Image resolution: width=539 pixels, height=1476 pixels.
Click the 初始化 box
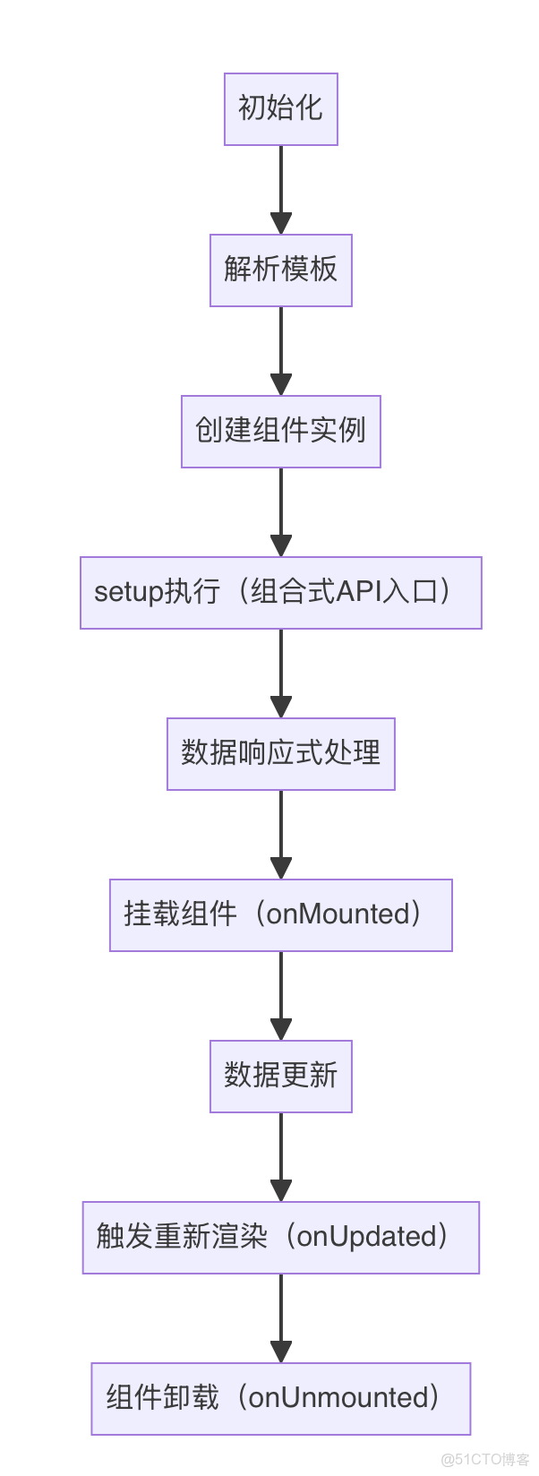[x=280, y=108]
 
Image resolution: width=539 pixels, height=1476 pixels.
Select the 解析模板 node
[x=280, y=270]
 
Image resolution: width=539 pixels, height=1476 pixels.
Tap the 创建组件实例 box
[x=280, y=431]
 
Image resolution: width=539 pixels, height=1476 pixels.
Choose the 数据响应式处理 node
[x=280, y=753]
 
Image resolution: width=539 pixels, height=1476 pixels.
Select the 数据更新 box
[x=280, y=1076]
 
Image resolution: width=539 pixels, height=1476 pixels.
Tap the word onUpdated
[x=366, y=1237]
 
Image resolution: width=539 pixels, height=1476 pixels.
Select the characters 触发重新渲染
[x=182, y=1237]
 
